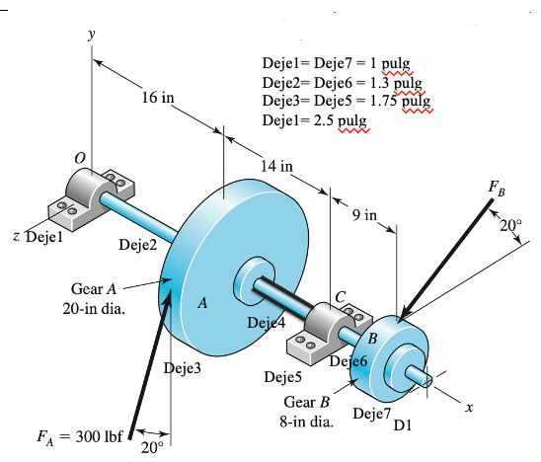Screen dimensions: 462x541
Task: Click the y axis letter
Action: [x=93, y=34]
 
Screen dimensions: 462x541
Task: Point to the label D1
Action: [x=403, y=426]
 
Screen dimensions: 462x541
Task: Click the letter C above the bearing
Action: [x=342, y=296]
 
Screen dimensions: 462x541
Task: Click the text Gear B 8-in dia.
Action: [x=305, y=412]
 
